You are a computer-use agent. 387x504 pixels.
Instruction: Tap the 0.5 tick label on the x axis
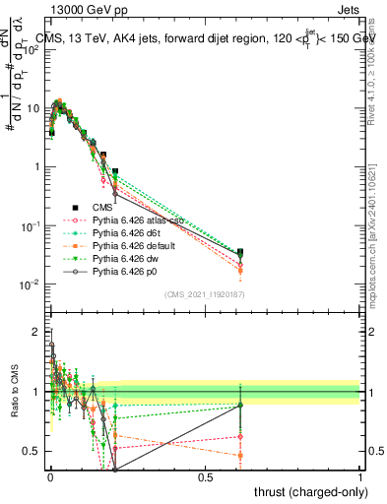click(x=205, y=477)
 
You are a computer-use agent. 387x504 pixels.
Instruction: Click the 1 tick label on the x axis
click(x=359, y=477)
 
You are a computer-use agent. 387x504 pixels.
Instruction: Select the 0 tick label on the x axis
click(x=50, y=477)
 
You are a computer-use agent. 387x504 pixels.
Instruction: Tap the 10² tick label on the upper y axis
click(x=32, y=50)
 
